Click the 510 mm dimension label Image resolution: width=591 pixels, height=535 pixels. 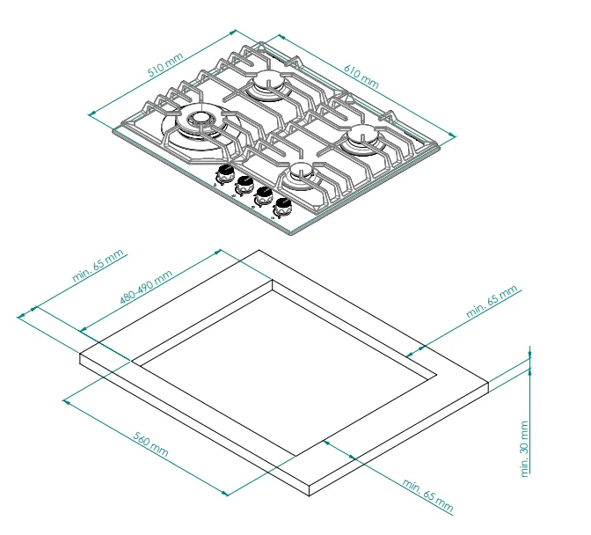click(165, 65)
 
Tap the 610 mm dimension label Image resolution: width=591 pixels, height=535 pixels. click(361, 77)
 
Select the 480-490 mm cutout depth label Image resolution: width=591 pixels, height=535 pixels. click(146, 287)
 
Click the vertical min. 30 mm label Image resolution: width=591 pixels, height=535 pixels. click(524, 449)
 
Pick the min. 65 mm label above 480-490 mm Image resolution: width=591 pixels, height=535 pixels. click(98, 266)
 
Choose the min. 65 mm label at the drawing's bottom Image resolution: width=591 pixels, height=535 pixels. click(427, 495)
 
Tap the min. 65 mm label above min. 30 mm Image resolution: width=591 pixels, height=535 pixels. click(492, 302)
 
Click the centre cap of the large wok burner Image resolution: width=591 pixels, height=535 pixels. click(200, 118)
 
